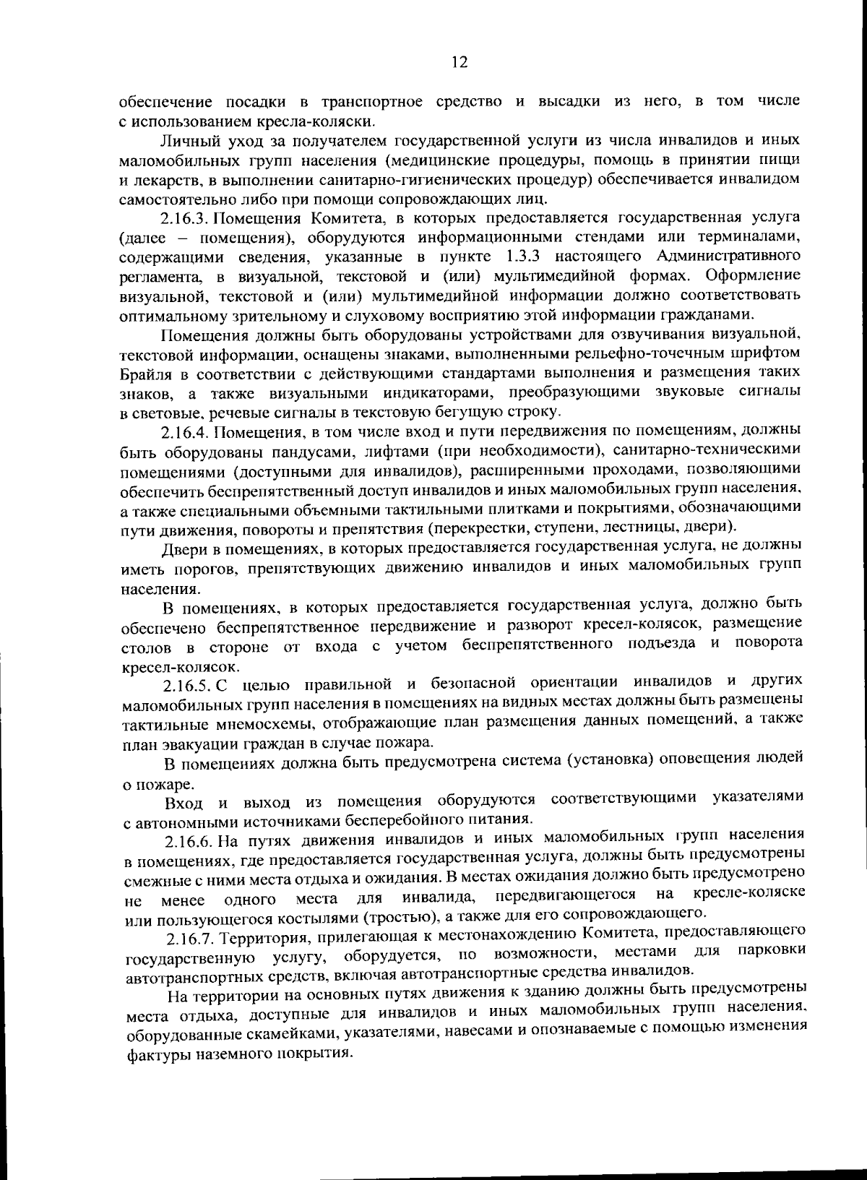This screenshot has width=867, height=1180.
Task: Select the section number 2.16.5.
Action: pos(187,684)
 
